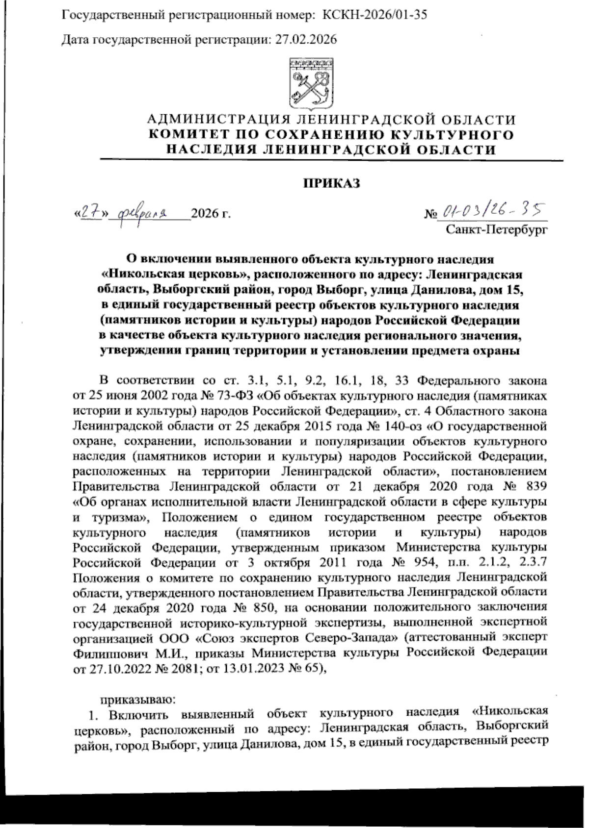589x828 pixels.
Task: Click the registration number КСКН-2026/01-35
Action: [x=374, y=15]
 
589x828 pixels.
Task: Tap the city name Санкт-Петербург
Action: [x=496, y=229]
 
